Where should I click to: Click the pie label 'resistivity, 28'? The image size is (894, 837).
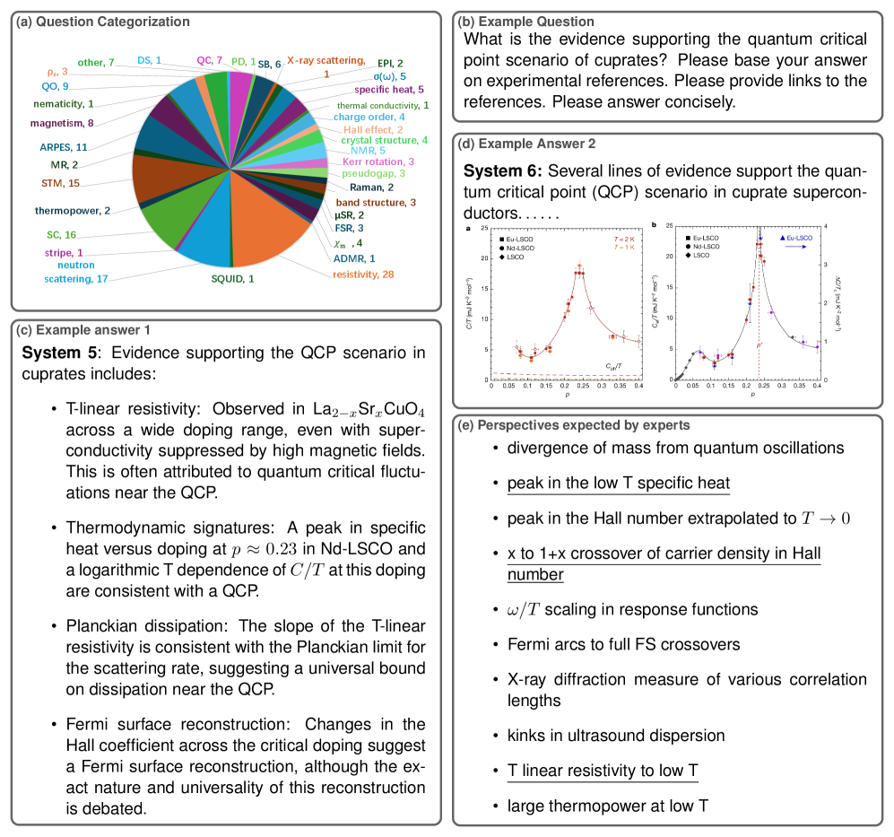point(362,274)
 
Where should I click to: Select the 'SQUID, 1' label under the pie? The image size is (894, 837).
point(226,279)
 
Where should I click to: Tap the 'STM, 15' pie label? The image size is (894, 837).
point(60,183)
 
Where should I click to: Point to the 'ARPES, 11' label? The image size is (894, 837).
point(63,146)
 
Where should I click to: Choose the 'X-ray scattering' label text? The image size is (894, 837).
point(325,61)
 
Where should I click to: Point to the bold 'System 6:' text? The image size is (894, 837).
point(502,170)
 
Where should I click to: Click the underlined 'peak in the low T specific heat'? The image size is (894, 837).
point(618,484)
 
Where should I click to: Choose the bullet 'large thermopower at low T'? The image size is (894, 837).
point(608,806)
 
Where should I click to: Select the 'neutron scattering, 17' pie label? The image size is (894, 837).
point(76,272)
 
